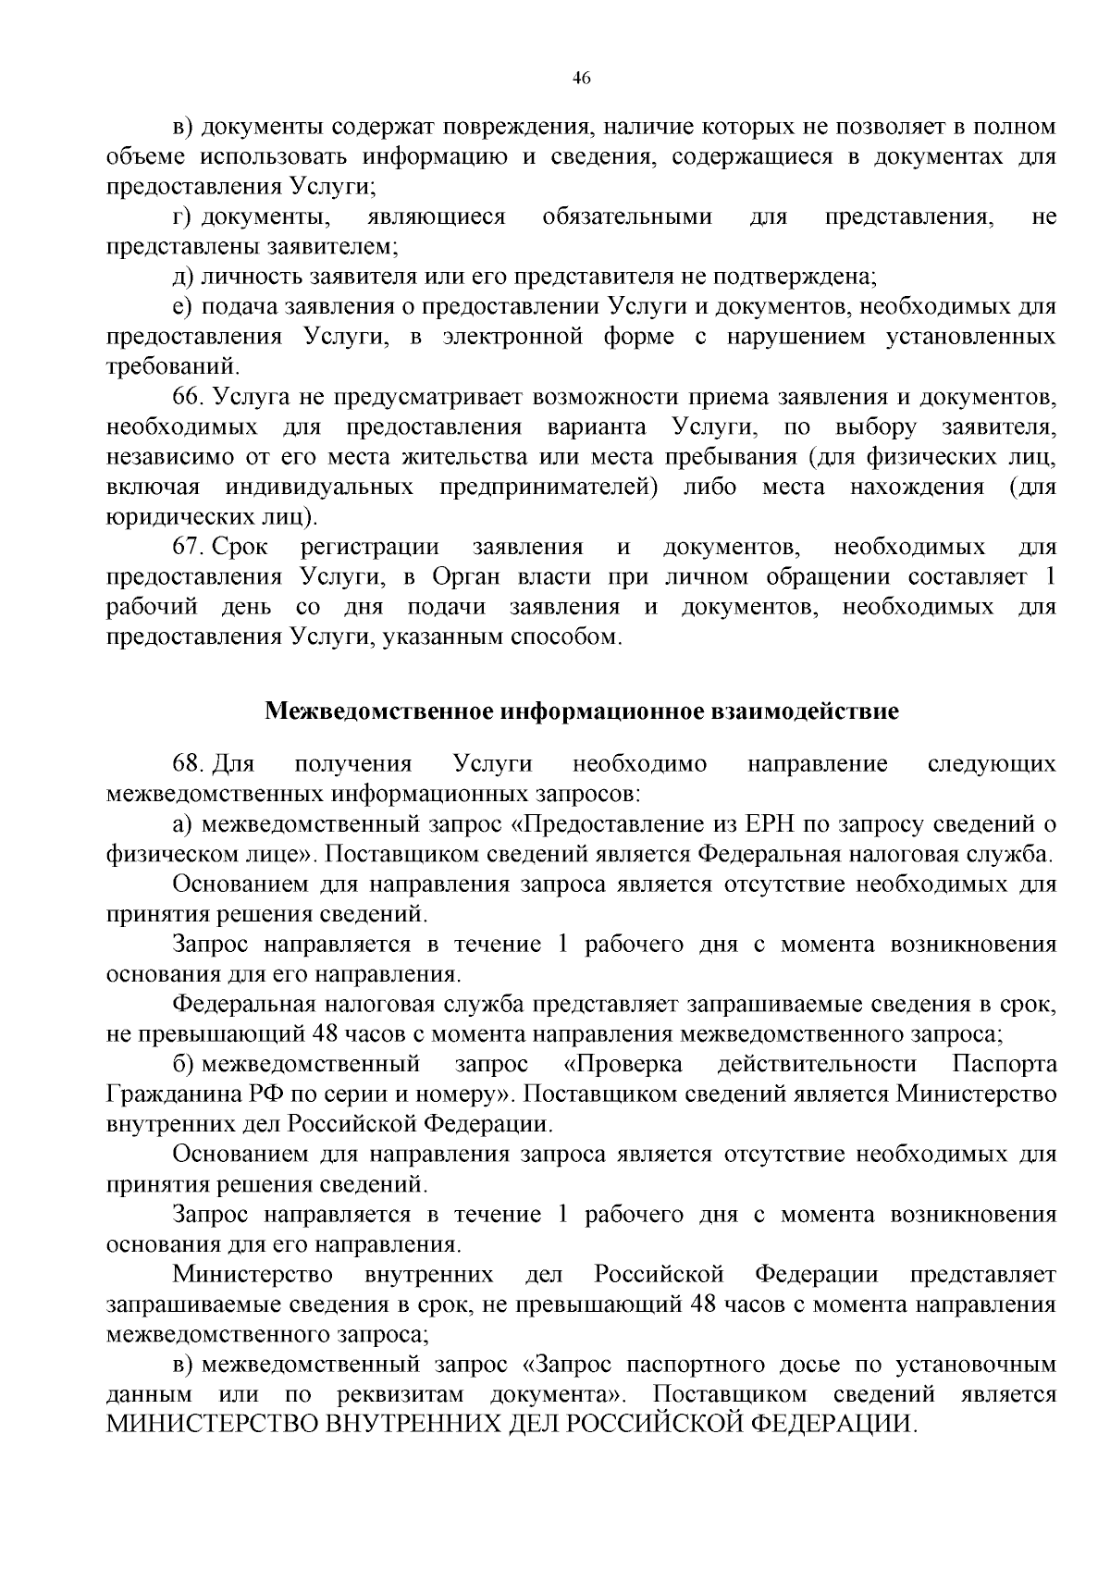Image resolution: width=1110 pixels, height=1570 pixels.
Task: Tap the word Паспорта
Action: (1004, 1064)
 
